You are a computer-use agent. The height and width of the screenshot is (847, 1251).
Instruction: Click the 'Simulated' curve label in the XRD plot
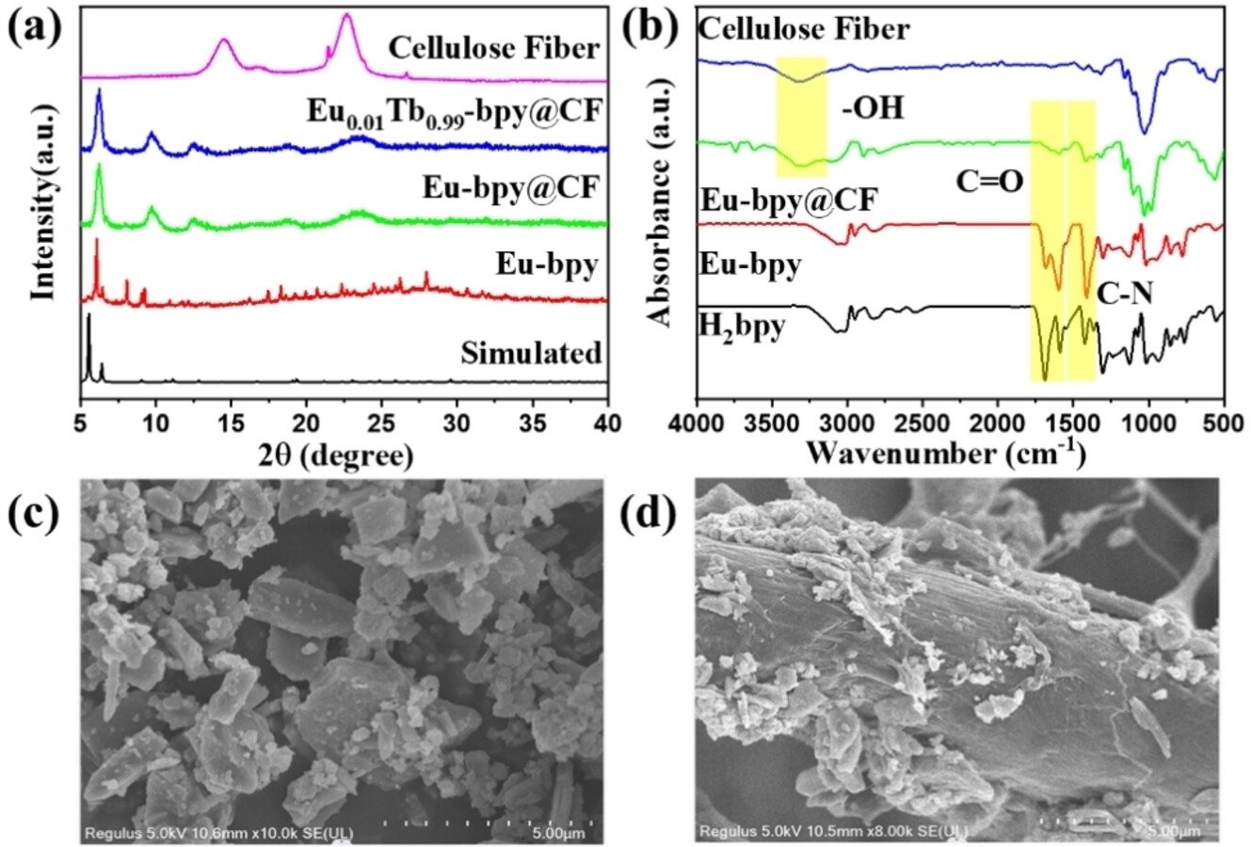pos(531,353)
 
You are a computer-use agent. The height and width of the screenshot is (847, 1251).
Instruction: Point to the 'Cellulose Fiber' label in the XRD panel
pos(494,48)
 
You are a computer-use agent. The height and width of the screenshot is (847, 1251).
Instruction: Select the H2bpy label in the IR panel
pos(742,329)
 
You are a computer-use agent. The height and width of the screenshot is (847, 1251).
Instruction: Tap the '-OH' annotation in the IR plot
pos(872,109)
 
